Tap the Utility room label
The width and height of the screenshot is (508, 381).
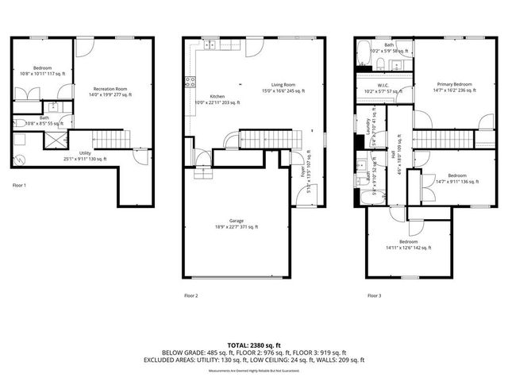(85, 155)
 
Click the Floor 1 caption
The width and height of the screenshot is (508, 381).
(20, 185)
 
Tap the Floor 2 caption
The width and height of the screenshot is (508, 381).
(191, 295)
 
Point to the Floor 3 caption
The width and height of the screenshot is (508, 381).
(374, 295)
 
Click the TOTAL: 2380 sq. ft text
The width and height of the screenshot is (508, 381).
(253, 345)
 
